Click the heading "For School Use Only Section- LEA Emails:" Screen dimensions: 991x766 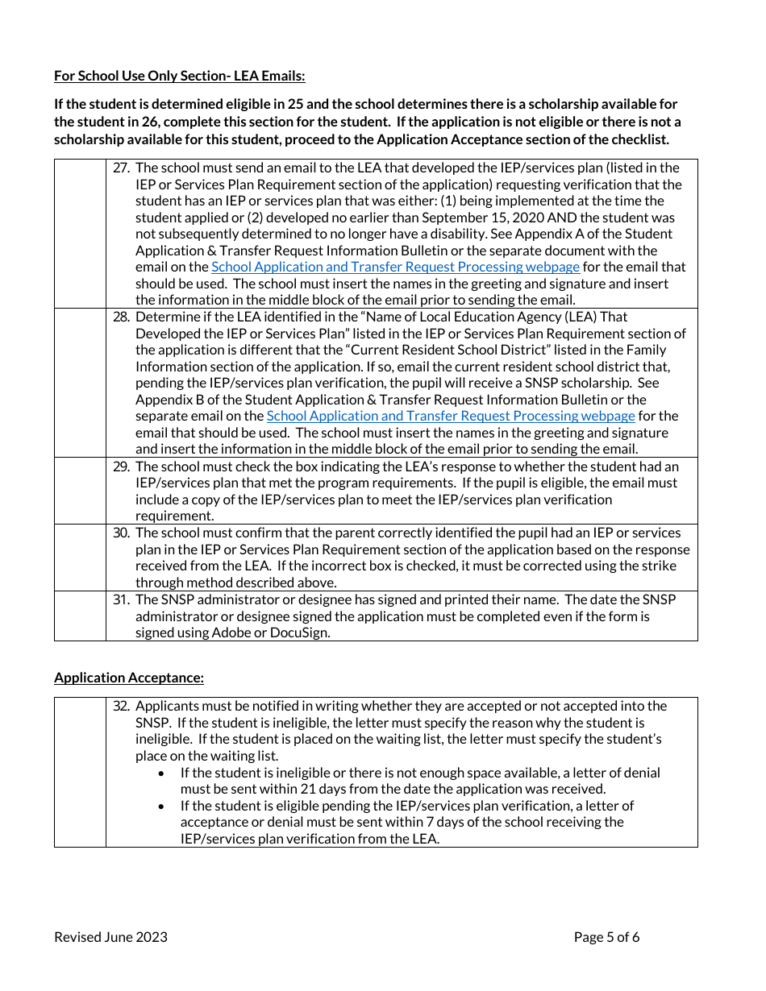tap(180, 77)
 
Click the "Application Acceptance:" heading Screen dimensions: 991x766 tap(129, 678)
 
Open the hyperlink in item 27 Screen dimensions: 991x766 tap(395, 267)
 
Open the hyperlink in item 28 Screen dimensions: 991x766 tap(451, 416)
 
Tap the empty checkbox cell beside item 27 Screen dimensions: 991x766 tap(80, 233)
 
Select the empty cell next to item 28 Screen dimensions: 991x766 tap(80, 383)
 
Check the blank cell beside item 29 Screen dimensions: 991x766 tap(80, 491)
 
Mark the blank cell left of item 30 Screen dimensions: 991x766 tap(80, 558)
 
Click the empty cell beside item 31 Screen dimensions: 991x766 tap(80, 616)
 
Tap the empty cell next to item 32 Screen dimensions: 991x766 tap(80, 772)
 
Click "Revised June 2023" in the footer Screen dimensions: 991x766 tap(110, 936)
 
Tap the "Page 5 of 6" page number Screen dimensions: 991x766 tap(606, 936)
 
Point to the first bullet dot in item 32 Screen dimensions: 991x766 tap(162, 773)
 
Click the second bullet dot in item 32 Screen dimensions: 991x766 tap(162, 806)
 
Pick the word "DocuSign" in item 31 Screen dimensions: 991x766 tap(302, 632)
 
